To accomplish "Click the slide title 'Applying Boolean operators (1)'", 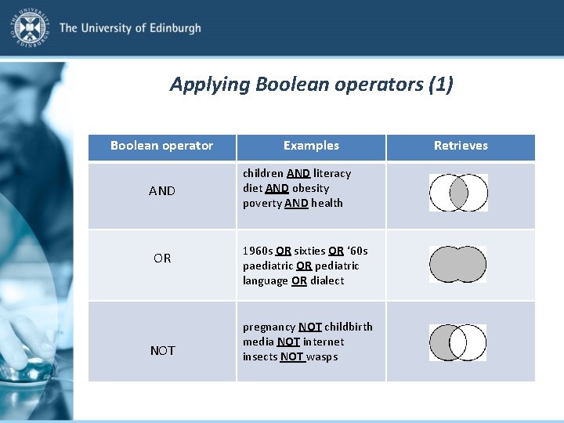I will click(311, 84).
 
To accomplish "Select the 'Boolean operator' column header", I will click(161, 146).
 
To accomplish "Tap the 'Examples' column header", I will click(311, 146).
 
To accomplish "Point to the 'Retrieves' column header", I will click(461, 146).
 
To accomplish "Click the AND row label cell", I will click(162, 191).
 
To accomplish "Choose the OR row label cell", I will click(162, 258).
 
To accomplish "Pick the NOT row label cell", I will click(162, 350).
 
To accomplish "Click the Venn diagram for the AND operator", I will click(458, 193).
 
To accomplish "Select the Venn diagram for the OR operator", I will click(458, 265).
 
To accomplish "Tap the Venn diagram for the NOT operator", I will click(458, 342).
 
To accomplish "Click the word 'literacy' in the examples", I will click(332, 173).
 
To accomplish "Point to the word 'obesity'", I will click(310, 188).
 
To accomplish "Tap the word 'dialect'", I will click(327, 280).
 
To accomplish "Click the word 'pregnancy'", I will click(269, 327).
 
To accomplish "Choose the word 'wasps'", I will click(322, 356).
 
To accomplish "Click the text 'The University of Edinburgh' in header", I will click(130, 28).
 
